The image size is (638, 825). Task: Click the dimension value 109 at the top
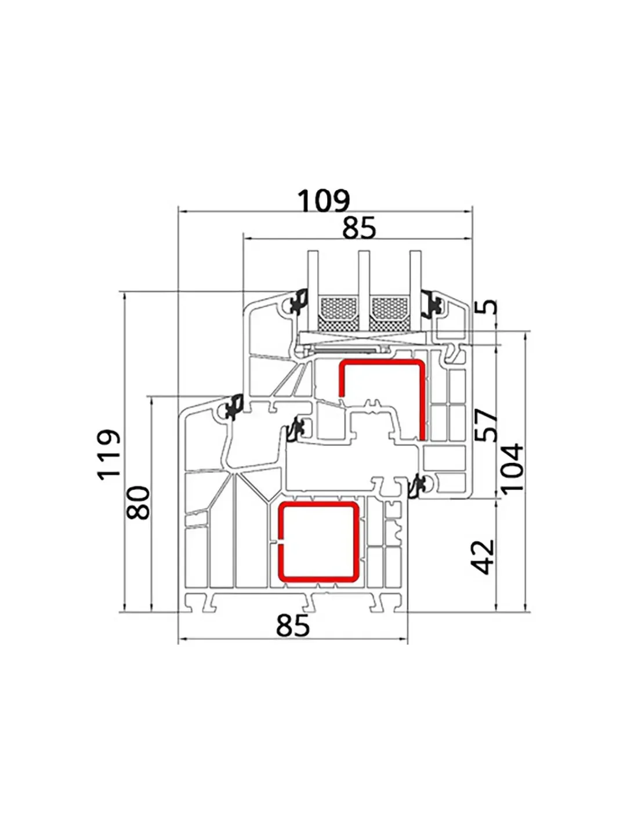[x=323, y=201]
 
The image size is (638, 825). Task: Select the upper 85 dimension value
[x=359, y=228]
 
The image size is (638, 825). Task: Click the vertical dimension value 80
[x=138, y=502]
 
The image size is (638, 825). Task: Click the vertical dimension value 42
[x=483, y=556]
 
